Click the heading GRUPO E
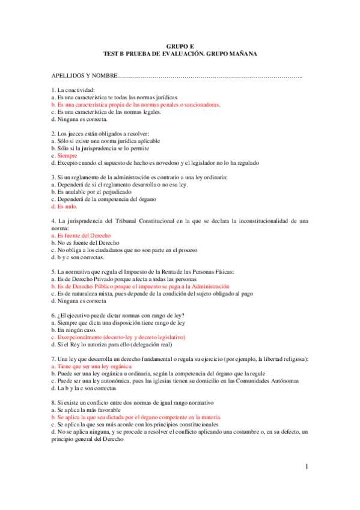click(180, 46)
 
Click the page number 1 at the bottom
click(306, 467)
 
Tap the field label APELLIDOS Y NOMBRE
click(85, 76)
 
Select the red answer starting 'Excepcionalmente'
click(120, 337)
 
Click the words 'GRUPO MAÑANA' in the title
click(233, 54)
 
